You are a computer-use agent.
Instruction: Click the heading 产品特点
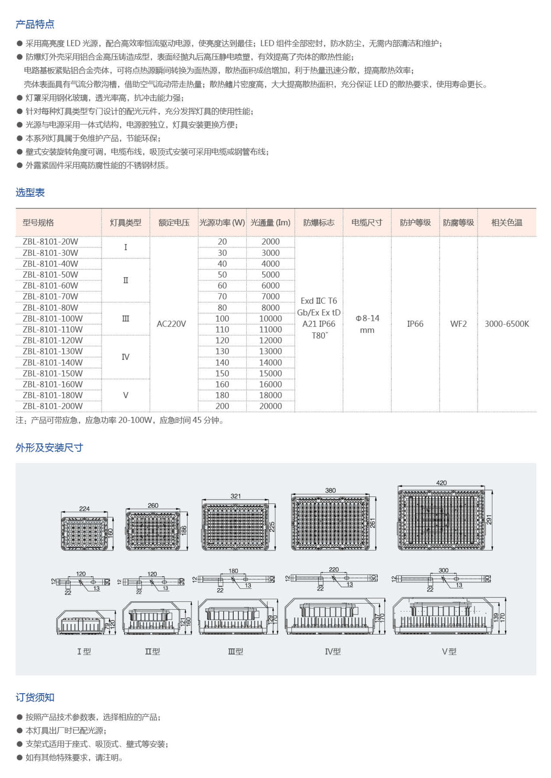(35, 24)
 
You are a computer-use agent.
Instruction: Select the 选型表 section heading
(30, 192)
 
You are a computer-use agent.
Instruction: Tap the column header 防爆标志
(319, 223)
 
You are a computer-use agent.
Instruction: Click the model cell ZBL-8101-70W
(50, 296)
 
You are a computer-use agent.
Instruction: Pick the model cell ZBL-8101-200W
(53, 406)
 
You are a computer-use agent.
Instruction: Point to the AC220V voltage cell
(171, 324)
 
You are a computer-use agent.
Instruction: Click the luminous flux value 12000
(270, 340)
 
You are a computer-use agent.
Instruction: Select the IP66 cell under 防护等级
(415, 324)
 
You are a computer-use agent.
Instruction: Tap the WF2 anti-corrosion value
(458, 324)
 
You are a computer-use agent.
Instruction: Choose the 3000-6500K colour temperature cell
(507, 324)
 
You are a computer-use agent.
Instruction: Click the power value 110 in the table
(222, 329)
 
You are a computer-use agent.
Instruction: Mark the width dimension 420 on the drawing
(441, 483)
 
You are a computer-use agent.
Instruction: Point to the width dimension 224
(84, 509)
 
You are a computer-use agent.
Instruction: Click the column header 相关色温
(507, 223)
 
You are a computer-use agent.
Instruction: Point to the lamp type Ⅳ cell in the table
(125, 357)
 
